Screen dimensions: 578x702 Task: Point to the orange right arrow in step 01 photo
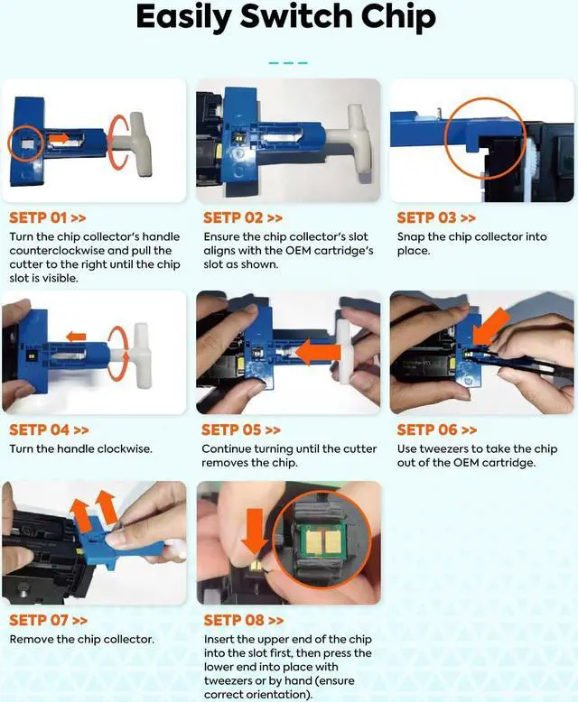click(59, 138)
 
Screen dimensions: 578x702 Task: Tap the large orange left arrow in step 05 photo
click(318, 352)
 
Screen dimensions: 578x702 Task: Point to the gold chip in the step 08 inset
click(322, 540)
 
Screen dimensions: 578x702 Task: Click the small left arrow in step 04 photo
click(76, 337)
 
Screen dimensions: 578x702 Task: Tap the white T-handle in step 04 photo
click(138, 355)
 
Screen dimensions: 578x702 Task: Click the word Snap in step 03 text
click(410, 237)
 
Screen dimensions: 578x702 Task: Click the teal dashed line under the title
click(288, 63)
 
